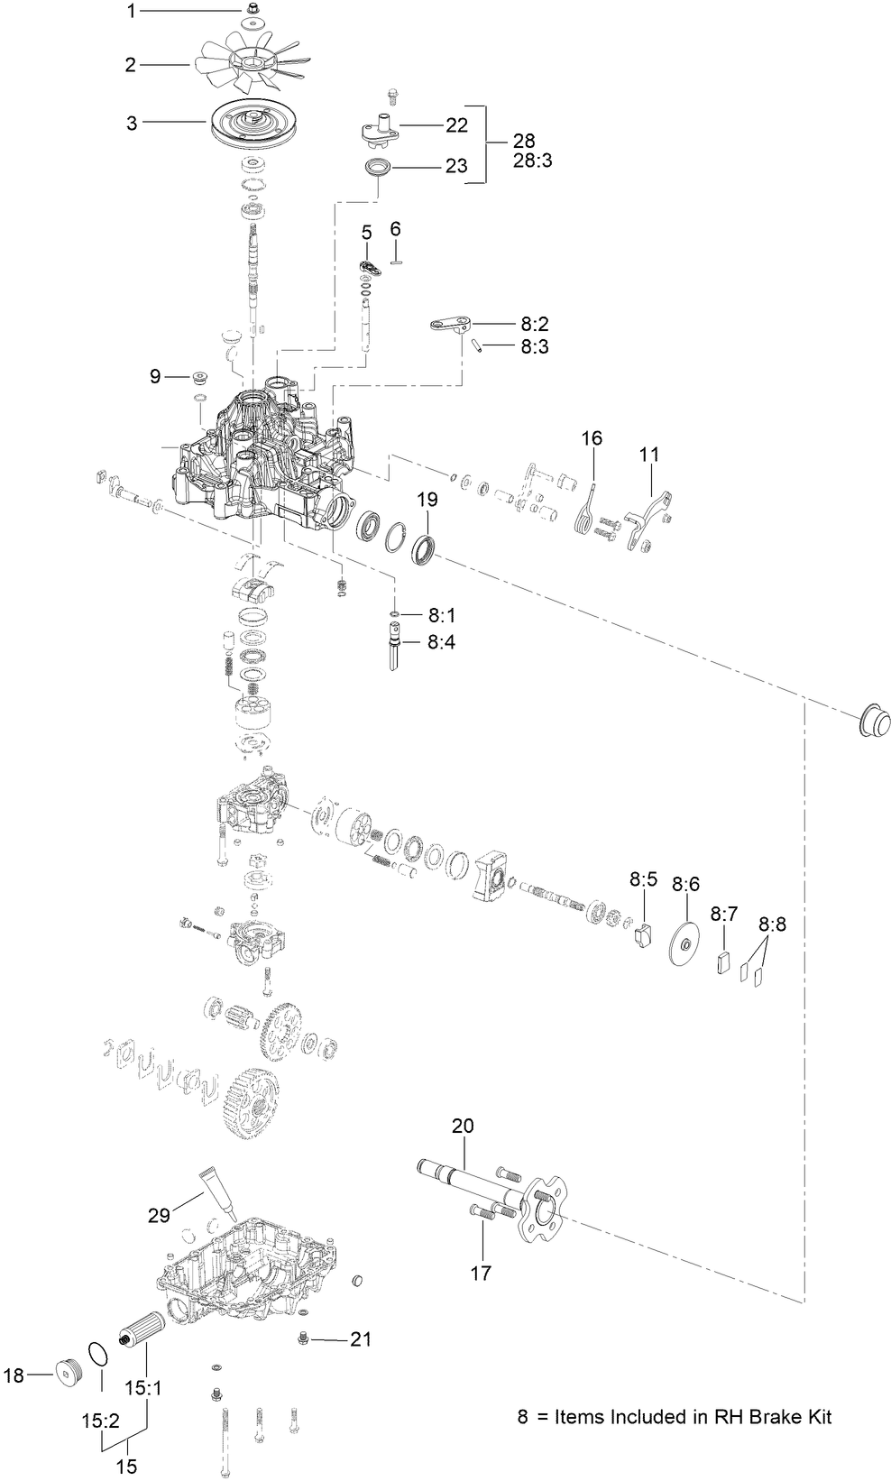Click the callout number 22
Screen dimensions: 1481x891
[x=456, y=125]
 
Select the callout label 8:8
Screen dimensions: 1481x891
[x=772, y=924]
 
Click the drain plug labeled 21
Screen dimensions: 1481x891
[x=304, y=1340]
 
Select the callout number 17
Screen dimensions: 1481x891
[x=481, y=1273]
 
